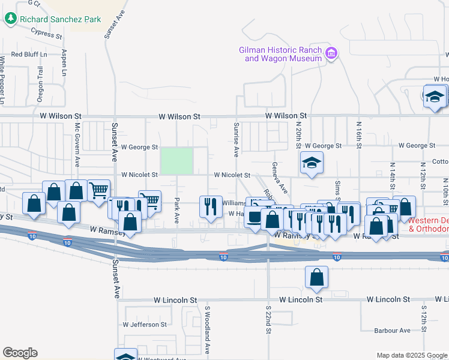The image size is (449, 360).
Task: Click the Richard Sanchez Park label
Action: pyautogui.click(x=60, y=19)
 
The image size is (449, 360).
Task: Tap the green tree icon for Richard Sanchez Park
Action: pyautogui.click(x=11, y=19)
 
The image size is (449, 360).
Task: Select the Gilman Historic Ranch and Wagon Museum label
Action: pyautogui.click(x=281, y=55)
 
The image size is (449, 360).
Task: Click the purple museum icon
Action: pyautogui.click(x=330, y=55)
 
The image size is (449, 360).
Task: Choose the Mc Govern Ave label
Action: pyautogui.click(x=77, y=145)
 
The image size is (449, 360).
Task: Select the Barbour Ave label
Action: pyautogui.click(x=391, y=330)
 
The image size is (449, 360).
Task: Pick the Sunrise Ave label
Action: pyautogui.click(x=236, y=137)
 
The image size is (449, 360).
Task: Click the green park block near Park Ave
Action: pyautogui.click(x=176, y=160)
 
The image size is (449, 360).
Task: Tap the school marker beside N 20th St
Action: pyautogui.click(x=311, y=163)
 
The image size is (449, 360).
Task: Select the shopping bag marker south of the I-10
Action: pyautogui.click(x=316, y=278)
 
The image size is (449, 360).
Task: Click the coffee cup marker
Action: pyautogui.click(x=255, y=217)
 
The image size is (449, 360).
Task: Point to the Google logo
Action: pyautogui.click(x=20, y=353)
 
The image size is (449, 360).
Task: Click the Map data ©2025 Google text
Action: pyautogui.click(x=411, y=355)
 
